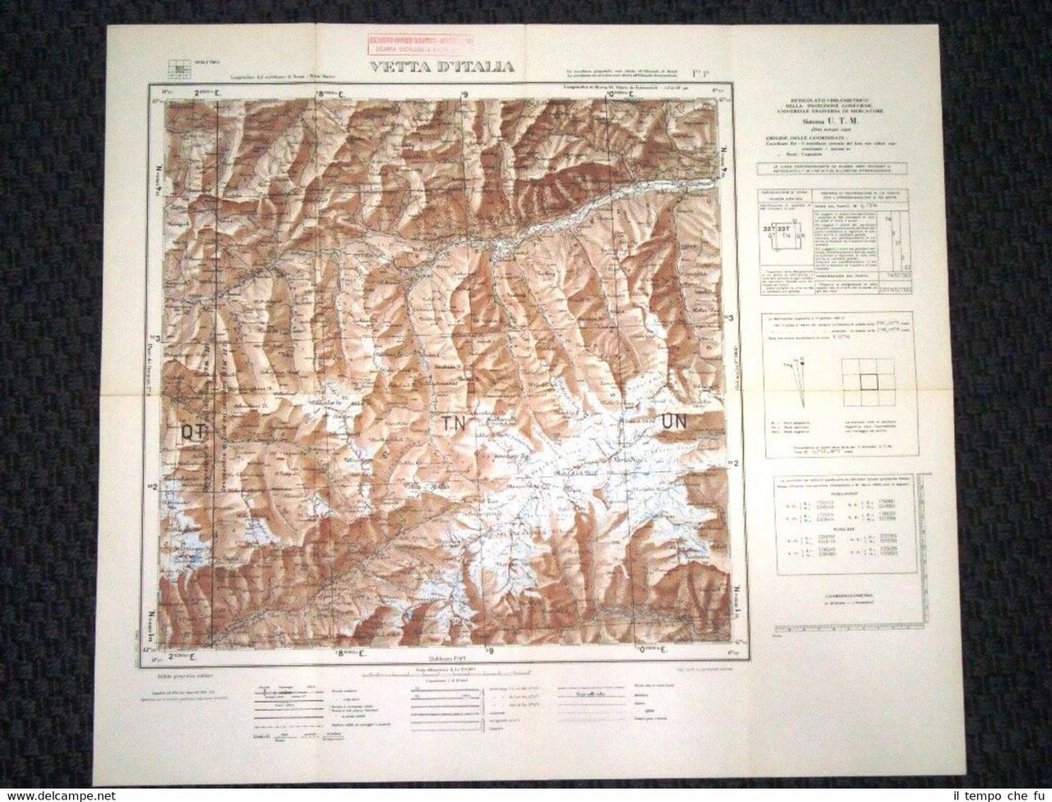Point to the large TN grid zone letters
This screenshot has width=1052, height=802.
452,424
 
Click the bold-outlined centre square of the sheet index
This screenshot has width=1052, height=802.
870,381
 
